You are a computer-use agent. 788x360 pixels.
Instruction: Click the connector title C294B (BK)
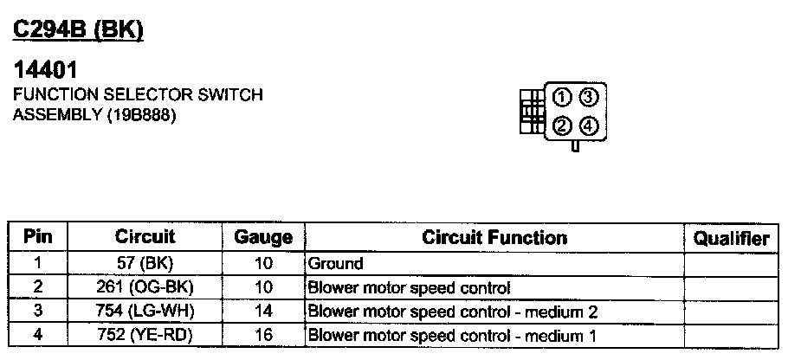pos(77,30)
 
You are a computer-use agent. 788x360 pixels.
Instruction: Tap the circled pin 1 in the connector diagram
pos(562,96)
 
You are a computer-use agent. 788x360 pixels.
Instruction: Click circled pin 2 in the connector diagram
pos(562,126)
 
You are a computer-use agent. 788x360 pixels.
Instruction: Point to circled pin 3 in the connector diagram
pos(589,96)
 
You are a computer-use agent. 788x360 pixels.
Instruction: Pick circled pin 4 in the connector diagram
pos(589,126)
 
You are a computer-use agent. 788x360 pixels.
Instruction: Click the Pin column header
pos(39,236)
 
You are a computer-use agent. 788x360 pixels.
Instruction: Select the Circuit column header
pos(145,236)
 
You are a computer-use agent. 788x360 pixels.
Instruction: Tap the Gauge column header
pos(263,237)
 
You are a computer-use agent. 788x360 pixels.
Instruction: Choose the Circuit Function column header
pos(494,237)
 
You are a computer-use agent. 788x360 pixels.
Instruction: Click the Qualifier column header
pos(733,238)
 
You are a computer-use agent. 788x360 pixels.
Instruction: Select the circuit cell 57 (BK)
pos(145,263)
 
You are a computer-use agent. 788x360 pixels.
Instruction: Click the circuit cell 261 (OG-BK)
pos(145,287)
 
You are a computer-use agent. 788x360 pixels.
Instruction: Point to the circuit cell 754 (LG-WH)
pos(145,311)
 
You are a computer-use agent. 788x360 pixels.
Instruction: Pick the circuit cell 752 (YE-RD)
pos(145,335)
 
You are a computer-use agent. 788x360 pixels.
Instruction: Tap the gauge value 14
pos(263,311)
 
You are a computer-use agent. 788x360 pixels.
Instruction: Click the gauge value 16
pos(263,335)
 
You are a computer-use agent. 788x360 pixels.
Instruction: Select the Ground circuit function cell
pos(336,263)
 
